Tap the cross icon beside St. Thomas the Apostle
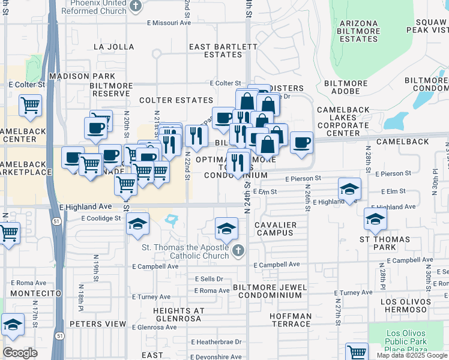tap(239, 250)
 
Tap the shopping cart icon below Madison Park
tap(30, 106)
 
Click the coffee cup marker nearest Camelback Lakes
tap(301, 143)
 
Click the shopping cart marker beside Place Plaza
tap(357, 353)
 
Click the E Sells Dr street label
tap(209, 279)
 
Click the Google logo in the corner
tap(20, 353)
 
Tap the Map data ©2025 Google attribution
tap(411, 355)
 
